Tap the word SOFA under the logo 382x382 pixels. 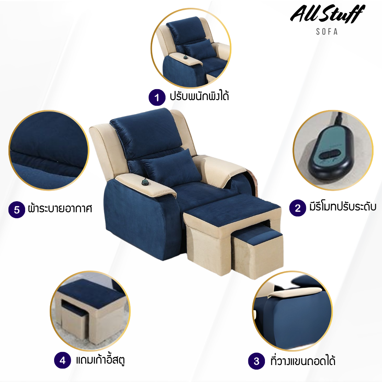pos(327,32)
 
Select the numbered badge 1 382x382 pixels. pos(157,98)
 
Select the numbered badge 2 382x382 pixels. pos(298,208)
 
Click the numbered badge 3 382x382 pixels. pos(256,361)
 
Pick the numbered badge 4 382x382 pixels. pos(63,360)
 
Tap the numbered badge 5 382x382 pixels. pos(17,209)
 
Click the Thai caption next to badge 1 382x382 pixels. pos(199,96)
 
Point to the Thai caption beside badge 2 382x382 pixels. pos(343,207)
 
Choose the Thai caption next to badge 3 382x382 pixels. pos(303,360)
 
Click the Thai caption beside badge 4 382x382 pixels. pos(100,360)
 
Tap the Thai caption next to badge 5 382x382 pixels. pos(60,208)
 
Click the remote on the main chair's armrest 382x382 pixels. pos(145,182)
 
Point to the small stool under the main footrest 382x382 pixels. pos(257,251)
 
